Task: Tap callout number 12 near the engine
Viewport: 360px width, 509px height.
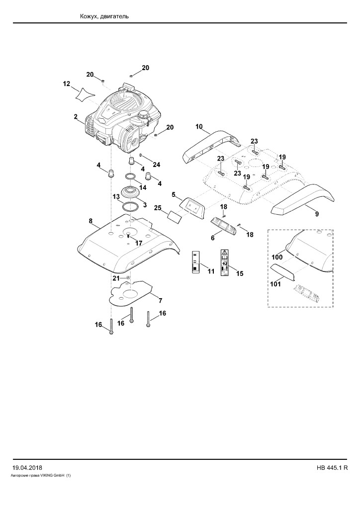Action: coord(67,84)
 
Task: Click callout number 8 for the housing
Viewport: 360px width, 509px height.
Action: coord(90,221)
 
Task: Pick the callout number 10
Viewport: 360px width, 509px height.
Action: coord(199,126)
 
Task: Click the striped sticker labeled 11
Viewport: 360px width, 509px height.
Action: coord(195,261)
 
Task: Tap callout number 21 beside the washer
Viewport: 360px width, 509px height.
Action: coord(116,278)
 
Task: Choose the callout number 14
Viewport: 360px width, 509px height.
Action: coord(143,187)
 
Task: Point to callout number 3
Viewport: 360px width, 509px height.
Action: coord(145,205)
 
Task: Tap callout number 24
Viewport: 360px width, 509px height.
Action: coord(157,165)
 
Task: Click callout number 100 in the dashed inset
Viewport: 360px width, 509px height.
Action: coord(277,257)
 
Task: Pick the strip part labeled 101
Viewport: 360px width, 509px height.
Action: coord(283,271)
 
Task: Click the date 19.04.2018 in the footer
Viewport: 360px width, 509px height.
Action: coord(27,468)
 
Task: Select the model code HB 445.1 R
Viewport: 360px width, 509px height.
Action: coord(332,468)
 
